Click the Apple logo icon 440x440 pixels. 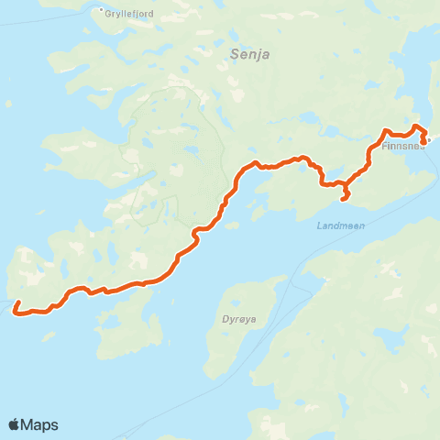pos(15,424)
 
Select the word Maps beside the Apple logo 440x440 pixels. pos(40,424)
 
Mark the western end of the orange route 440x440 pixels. pos(15,312)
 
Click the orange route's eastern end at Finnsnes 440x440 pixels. pos(423,141)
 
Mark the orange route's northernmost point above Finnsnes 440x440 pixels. pos(417,126)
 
